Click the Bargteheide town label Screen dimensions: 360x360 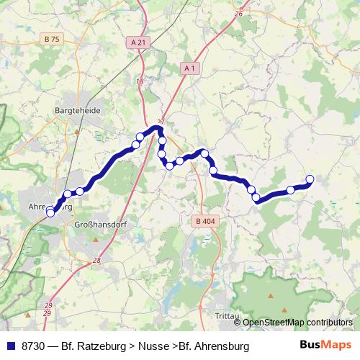78,112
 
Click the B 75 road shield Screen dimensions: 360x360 51,39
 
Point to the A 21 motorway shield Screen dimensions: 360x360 139,42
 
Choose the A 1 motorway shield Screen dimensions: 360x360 189,68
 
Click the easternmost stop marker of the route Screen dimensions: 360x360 310,179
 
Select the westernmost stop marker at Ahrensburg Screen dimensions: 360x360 50,212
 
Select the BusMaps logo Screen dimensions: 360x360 326,346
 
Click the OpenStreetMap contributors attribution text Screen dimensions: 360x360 297,323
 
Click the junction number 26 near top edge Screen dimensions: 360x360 239,14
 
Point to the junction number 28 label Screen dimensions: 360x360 97,259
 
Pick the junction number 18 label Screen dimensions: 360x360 140,81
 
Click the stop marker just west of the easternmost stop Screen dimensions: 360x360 291,190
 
